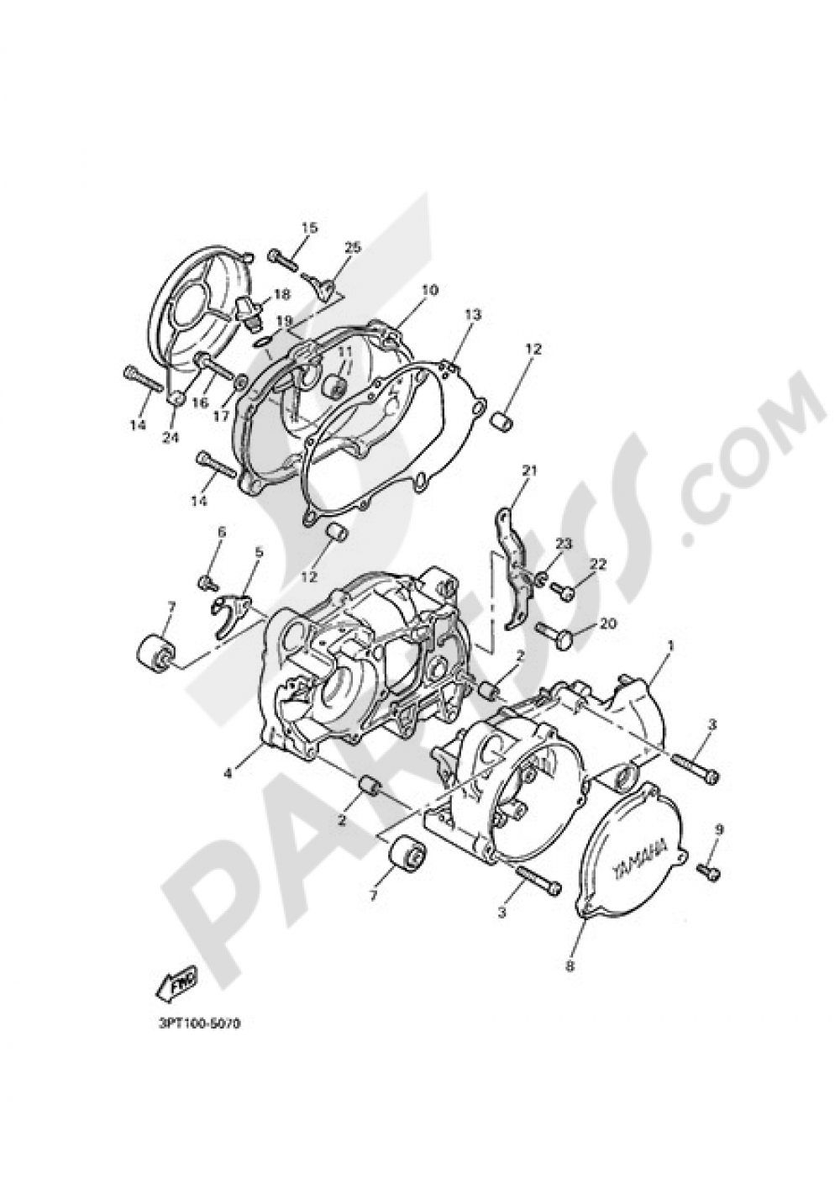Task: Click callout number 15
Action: coord(309,228)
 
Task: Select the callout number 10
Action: coord(430,291)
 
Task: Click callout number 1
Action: coord(670,646)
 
